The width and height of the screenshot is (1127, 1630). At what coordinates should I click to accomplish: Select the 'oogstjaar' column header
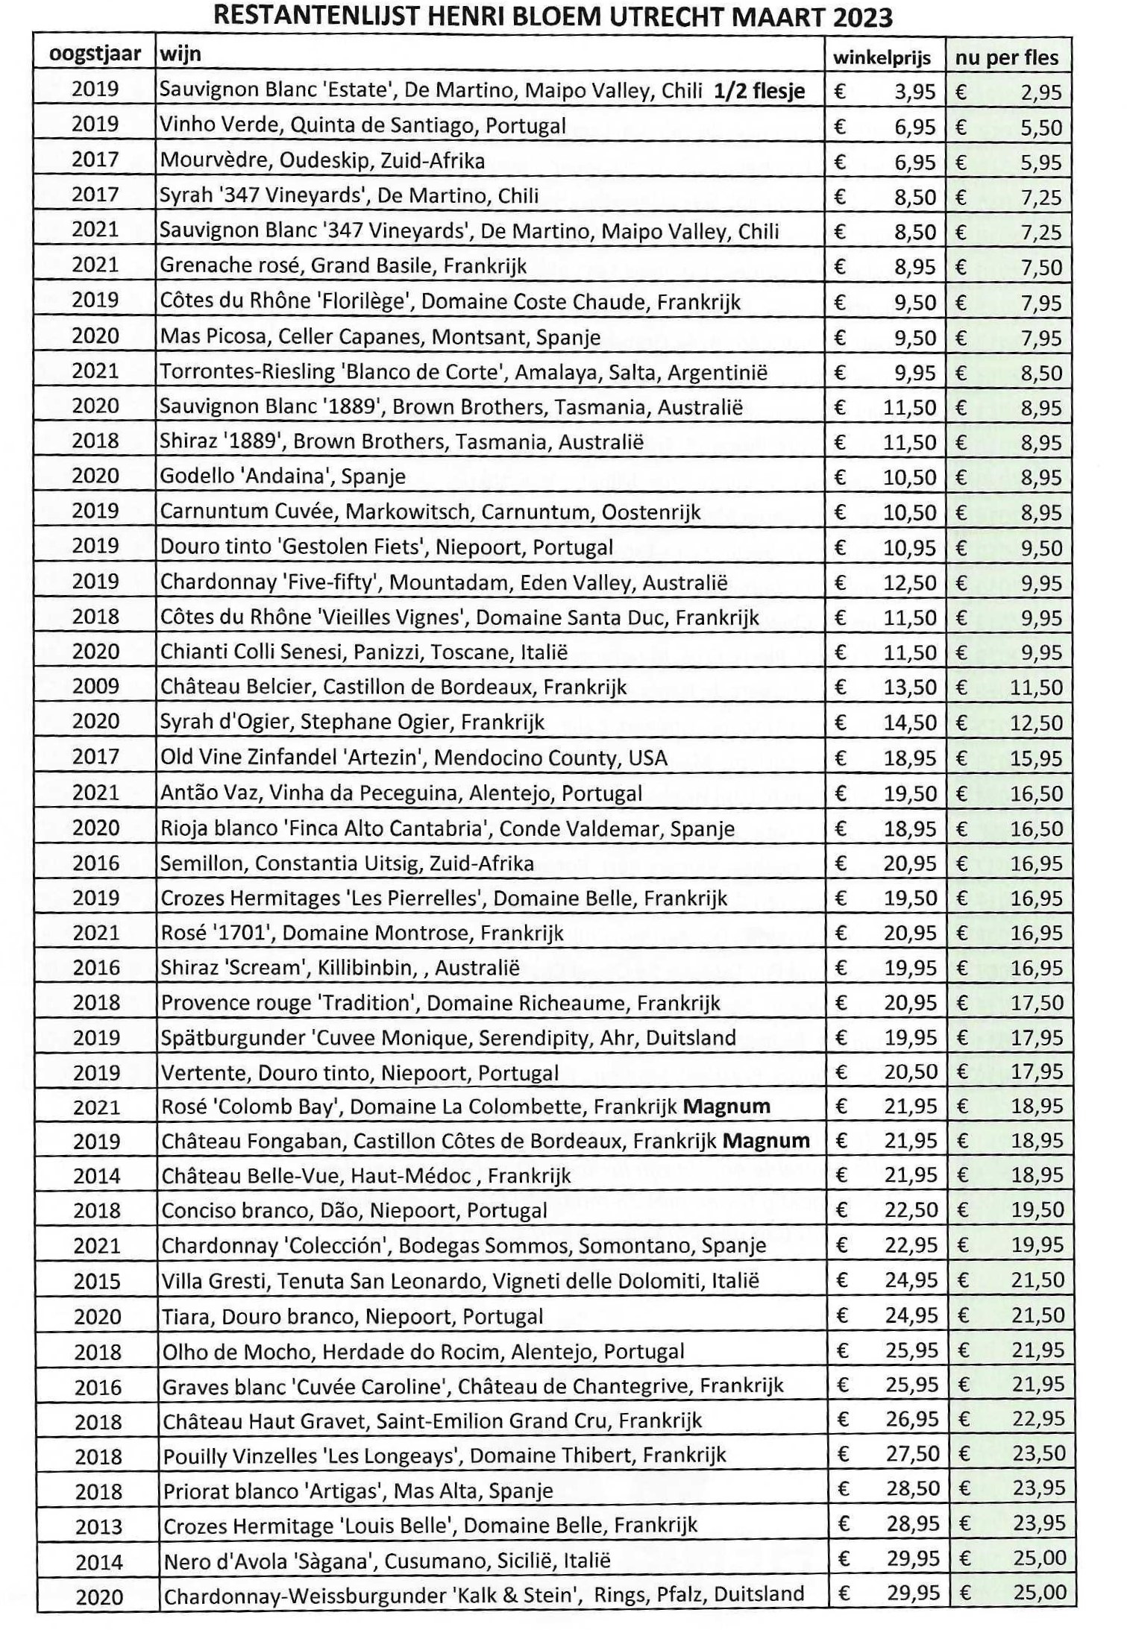[x=94, y=54]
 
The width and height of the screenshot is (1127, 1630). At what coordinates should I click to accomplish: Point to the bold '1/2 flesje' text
[x=759, y=91]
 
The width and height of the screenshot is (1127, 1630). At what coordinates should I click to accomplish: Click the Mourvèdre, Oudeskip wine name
[x=322, y=161]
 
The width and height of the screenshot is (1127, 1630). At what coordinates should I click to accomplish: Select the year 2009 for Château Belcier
[x=95, y=686]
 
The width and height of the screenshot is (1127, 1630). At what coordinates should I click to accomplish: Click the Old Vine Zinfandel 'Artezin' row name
[x=414, y=758]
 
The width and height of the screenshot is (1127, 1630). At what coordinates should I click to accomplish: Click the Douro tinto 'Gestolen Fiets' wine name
[x=386, y=547]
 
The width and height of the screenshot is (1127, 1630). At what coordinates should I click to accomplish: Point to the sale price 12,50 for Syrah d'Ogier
[x=1036, y=723]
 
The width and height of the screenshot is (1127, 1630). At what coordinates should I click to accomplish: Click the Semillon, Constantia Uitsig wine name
[x=347, y=863]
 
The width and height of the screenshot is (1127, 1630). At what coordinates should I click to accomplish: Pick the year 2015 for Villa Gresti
[x=98, y=1281]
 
